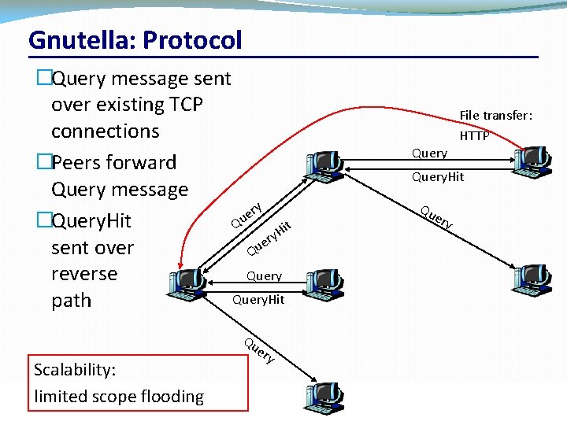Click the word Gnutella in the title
tap(72, 40)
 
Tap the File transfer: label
tap(496, 116)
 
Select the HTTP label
tap(474, 136)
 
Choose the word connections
tap(105, 131)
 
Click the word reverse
tap(83, 274)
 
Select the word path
tap(71, 301)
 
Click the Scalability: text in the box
tap(75, 370)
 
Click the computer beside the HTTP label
tap(532, 160)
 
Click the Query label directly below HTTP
tap(429, 153)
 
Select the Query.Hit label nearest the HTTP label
tap(438, 177)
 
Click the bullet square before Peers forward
tap(43, 163)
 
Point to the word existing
tap(125, 105)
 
